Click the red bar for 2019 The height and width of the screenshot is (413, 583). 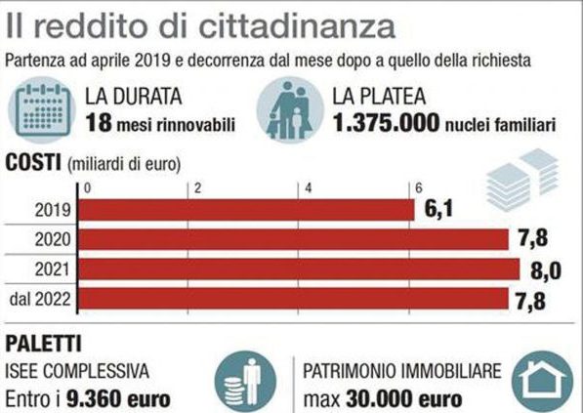click(245, 210)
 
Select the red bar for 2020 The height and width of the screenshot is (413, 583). click(293, 239)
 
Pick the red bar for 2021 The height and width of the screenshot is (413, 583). click(298, 268)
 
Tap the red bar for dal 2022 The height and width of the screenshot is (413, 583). click(293, 297)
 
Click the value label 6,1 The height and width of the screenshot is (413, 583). click(437, 210)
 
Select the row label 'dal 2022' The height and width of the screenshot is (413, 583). click(40, 297)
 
